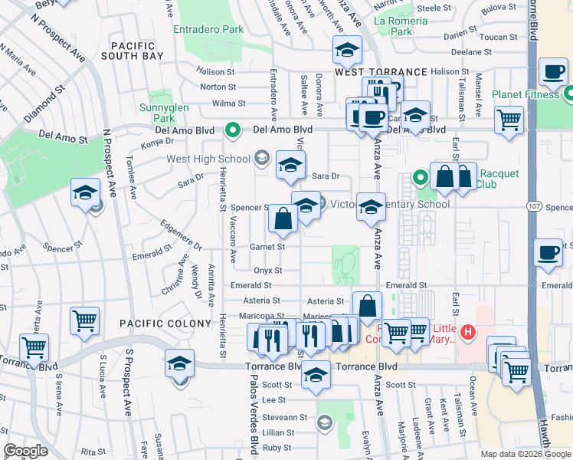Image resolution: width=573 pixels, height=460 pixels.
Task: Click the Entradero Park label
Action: (x=208, y=29)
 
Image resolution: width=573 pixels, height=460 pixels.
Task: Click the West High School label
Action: (x=208, y=159)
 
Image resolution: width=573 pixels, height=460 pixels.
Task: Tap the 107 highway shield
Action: (x=534, y=207)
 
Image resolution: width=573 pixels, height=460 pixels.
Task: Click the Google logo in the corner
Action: (x=25, y=451)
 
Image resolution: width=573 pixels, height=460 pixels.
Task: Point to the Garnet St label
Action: (x=267, y=247)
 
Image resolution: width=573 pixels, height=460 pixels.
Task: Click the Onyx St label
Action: (x=267, y=271)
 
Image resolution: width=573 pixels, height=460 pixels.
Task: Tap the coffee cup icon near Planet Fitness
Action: (x=553, y=74)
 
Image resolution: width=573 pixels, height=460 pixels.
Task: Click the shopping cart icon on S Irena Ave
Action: (x=34, y=347)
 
